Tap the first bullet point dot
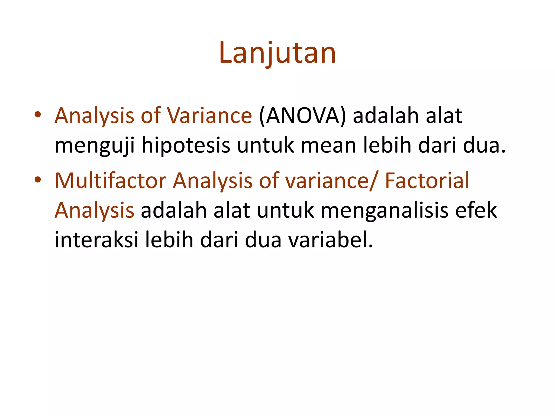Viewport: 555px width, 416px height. tap(38, 115)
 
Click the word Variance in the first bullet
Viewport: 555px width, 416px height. tap(209, 116)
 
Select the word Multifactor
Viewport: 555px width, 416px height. tap(111, 180)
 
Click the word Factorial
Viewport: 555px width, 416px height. tap(427, 180)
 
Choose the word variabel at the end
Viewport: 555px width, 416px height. tap(330, 240)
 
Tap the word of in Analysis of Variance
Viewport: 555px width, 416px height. tap(150, 116)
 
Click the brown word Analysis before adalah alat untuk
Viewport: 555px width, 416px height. tap(94, 211)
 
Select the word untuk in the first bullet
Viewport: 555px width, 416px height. tap(266, 145)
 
